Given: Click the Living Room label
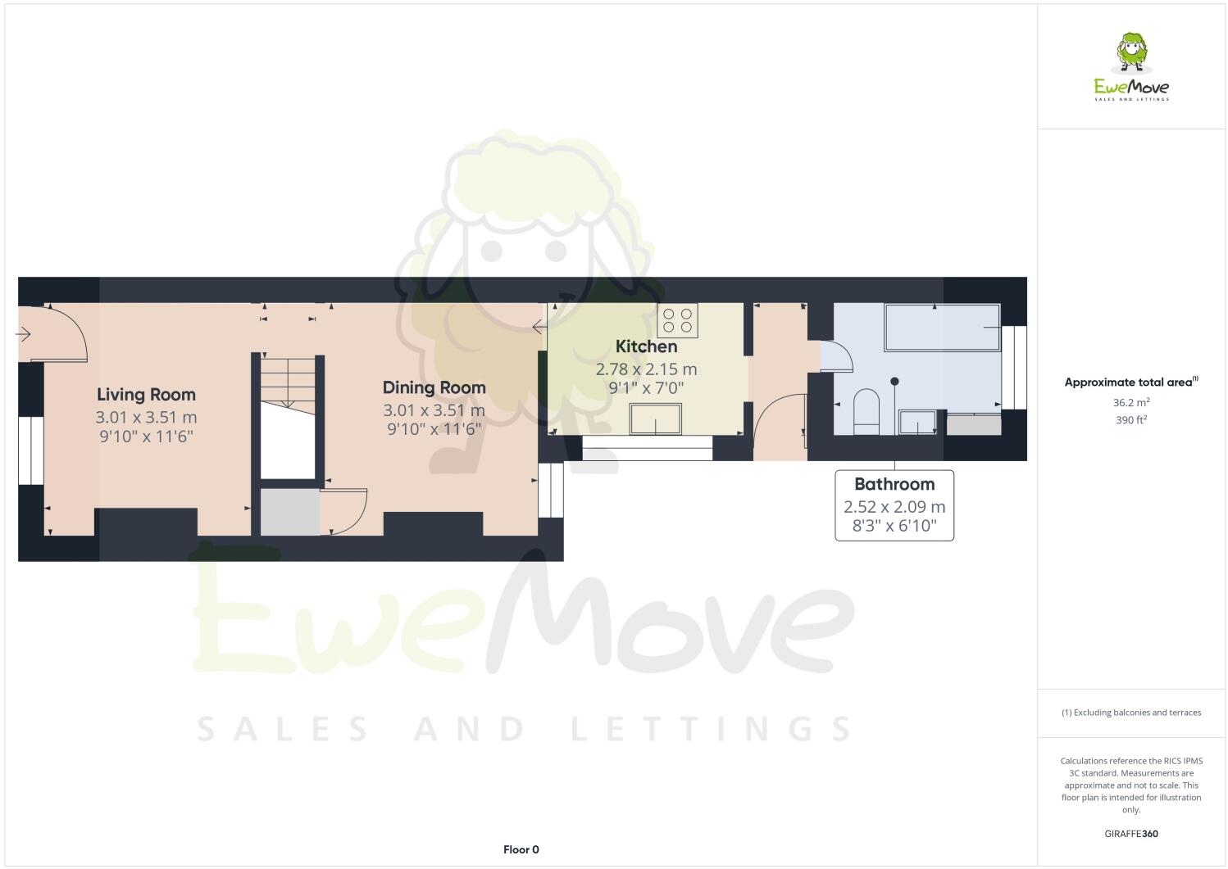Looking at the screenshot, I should [x=146, y=395].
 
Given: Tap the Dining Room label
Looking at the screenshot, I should [x=434, y=387].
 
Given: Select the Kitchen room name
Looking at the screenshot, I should [x=646, y=346].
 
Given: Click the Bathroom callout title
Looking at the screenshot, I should [x=894, y=484].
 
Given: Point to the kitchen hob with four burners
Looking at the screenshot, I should [x=678, y=319].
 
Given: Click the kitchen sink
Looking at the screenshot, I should [x=656, y=419].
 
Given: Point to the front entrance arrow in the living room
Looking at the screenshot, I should [x=23, y=334].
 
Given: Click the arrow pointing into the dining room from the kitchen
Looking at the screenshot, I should [x=539, y=328].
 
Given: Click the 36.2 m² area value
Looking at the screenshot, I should [x=1130, y=402].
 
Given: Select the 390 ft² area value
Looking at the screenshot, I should [x=1130, y=420].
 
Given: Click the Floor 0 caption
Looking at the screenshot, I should [x=521, y=849].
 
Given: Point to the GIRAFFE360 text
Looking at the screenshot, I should [x=1131, y=834].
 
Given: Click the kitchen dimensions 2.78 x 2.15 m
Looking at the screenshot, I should [x=646, y=369].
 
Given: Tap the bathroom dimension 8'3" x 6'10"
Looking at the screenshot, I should [x=894, y=526].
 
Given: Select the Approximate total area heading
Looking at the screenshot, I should [x=1130, y=382].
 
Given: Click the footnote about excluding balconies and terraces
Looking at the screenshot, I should [x=1130, y=713].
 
